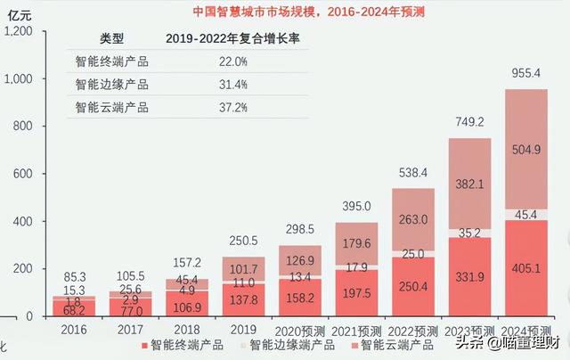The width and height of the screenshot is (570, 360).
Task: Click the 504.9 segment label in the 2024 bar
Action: (x=526, y=151)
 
